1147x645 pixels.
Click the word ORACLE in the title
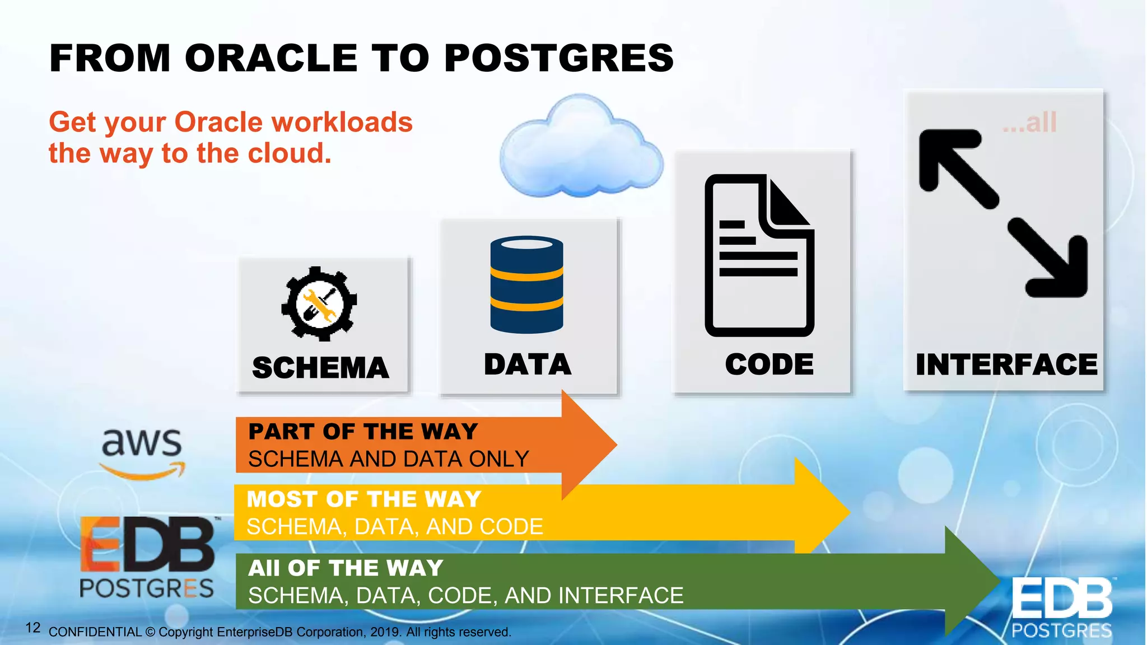coord(271,58)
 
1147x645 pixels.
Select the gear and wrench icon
coord(319,304)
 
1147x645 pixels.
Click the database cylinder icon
coord(526,284)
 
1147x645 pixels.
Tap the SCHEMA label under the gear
coord(320,368)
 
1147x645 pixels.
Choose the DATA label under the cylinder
coord(528,364)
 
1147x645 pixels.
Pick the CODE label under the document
coord(769,364)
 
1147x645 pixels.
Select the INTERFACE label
coord(1006,365)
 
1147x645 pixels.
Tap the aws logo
coord(142,451)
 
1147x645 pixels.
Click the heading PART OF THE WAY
coord(363,432)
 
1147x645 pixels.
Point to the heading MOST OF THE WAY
coord(364,499)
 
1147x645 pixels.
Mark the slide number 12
coord(33,628)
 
